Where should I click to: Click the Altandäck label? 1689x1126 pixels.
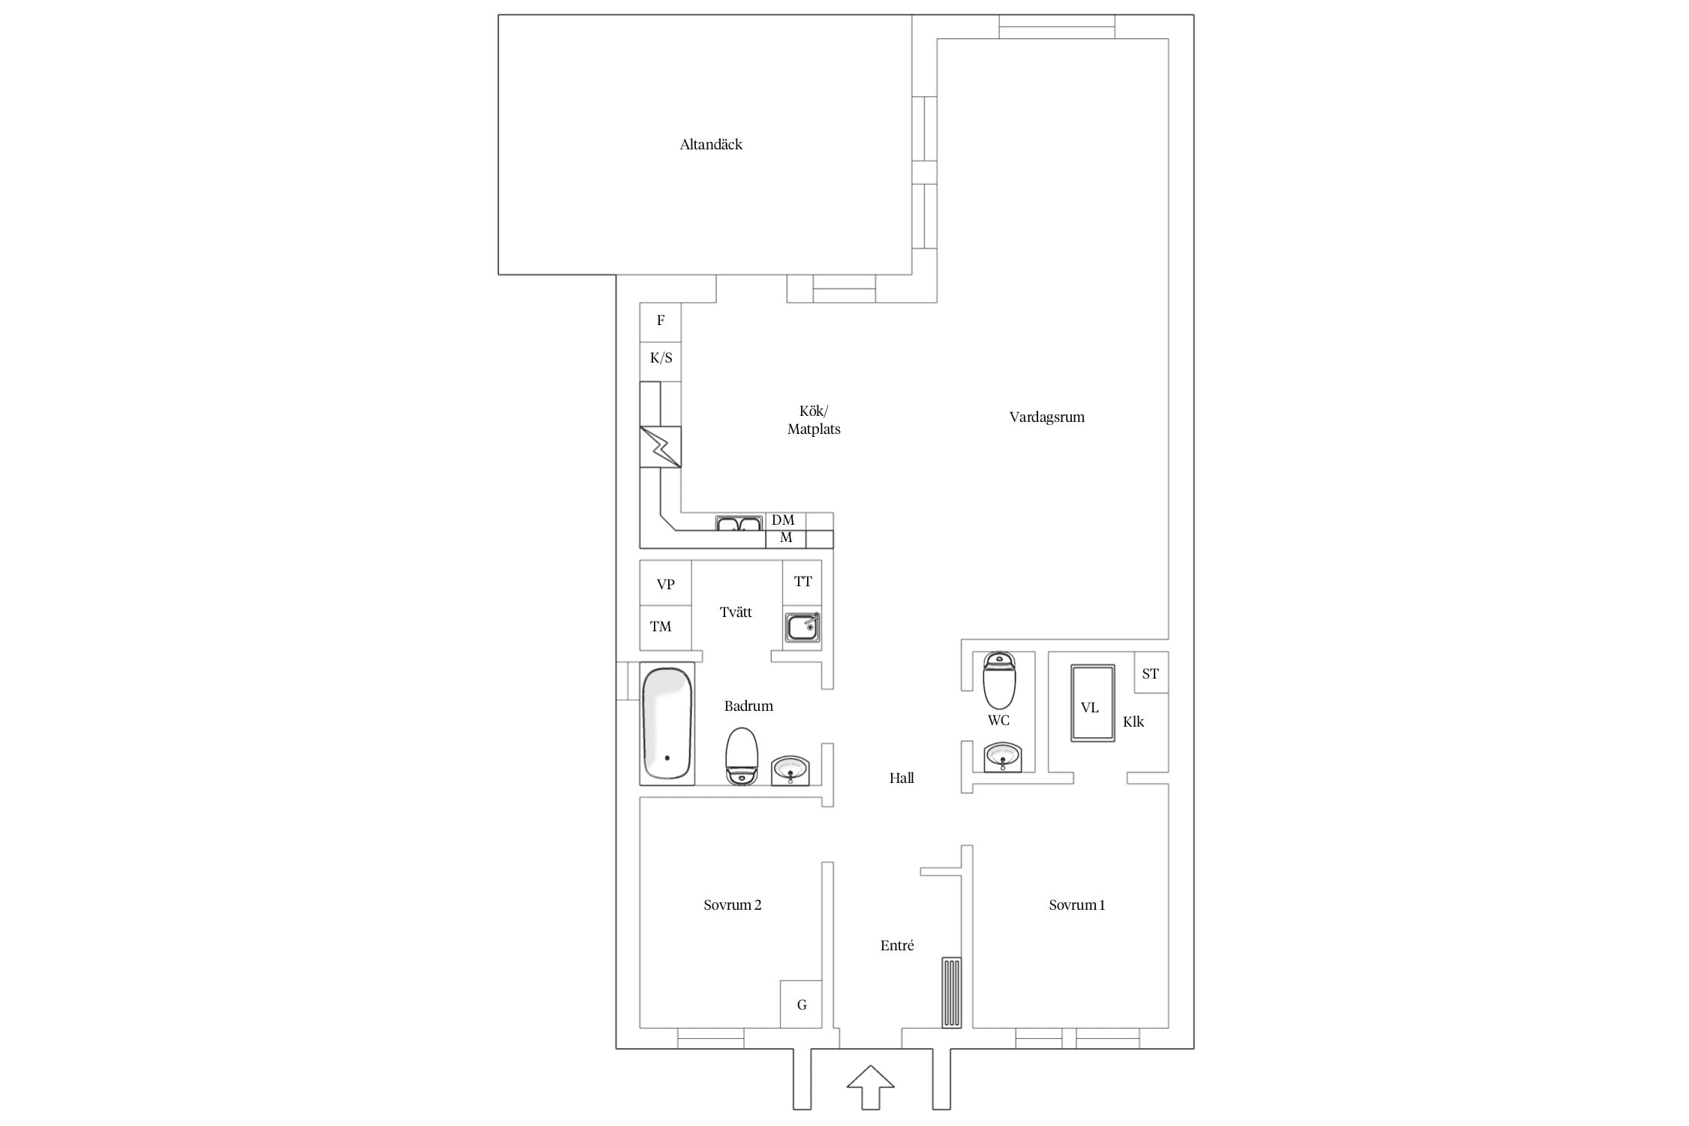point(711,145)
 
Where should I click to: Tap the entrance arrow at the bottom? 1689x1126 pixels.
point(871,1086)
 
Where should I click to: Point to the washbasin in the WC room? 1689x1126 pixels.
point(1003,757)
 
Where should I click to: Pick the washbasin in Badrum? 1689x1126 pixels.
point(790,770)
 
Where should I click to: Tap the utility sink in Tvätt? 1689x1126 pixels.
point(802,628)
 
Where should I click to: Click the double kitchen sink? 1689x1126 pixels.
point(739,522)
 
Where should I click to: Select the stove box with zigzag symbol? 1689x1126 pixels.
point(661,447)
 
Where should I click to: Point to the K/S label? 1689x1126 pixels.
point(661,358)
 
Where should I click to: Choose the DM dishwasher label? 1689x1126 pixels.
point(783,520)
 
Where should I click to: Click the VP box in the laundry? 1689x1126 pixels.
point(665,583)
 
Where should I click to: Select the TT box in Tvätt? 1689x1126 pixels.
point(802,583)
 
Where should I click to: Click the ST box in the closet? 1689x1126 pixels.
point(1151,673)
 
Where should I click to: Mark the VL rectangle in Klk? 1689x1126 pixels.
point(1092,703)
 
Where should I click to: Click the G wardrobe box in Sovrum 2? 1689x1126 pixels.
point(801,1004)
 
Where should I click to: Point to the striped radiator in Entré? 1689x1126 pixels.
point(951,992)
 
